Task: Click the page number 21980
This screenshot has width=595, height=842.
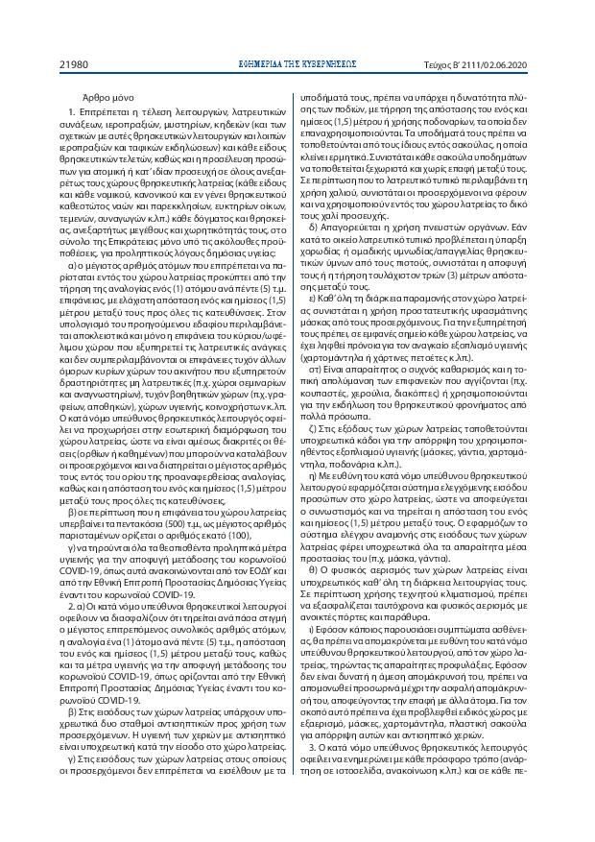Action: [75, 65]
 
